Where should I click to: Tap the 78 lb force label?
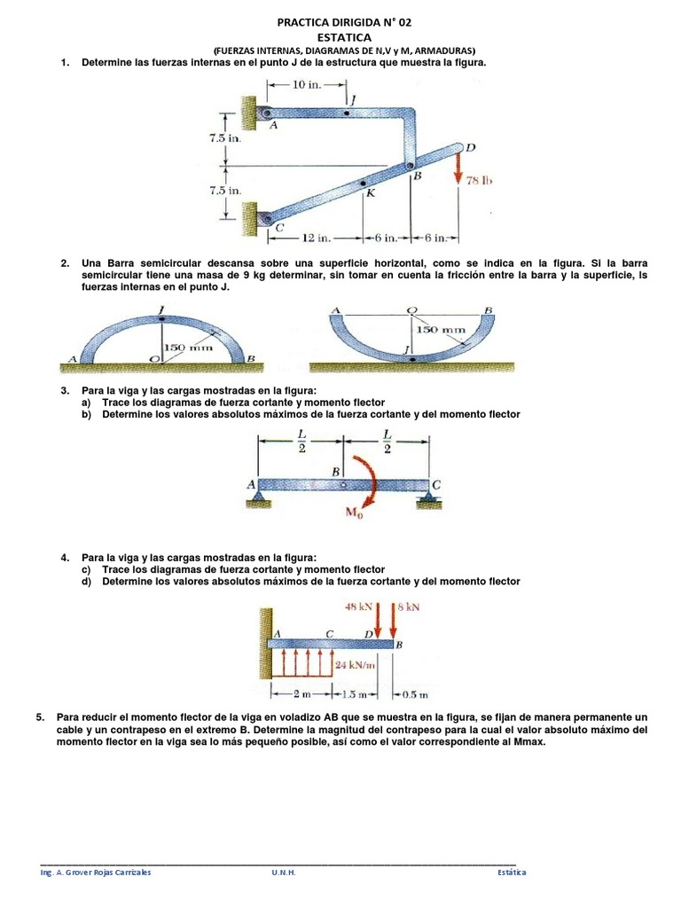[478, 180]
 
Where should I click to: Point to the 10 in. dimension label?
[307, 84]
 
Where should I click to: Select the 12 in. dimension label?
[316, 238]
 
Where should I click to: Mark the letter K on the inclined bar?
[370, 193]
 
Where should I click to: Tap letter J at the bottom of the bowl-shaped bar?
[407, 351]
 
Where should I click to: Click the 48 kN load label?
[359, 607]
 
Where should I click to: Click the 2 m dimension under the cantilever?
[304, 693]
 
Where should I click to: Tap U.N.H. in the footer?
[284, 872]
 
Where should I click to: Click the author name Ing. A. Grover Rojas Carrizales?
[96, 872]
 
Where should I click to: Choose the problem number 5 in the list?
[39, 716]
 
